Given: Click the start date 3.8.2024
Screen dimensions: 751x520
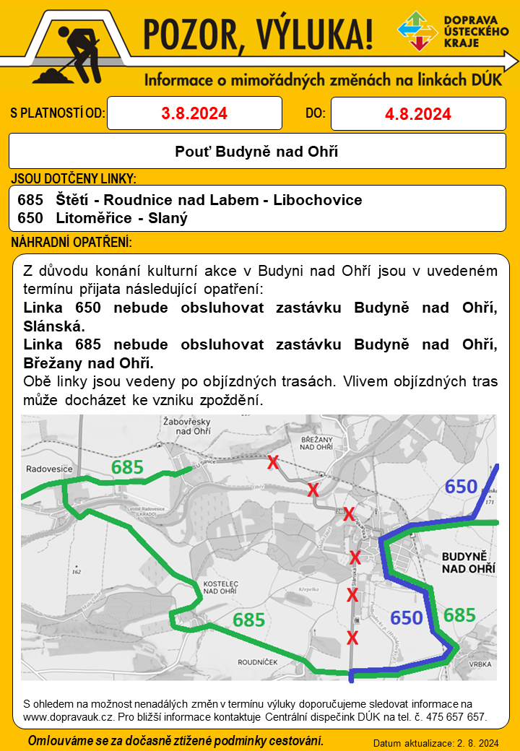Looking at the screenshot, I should [194, 113].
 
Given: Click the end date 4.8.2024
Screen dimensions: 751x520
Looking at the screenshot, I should [418, 114].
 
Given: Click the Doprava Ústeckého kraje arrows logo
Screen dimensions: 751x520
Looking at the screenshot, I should [417, 32].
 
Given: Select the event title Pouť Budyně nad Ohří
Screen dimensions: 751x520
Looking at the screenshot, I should [256, 152].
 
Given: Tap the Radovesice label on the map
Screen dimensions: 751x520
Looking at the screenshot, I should [49, 469].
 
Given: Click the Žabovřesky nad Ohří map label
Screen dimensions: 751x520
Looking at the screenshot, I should [188, 426].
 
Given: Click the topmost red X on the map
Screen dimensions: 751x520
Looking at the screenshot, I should [273, 463].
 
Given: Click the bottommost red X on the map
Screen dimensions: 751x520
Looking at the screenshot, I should [352, 638].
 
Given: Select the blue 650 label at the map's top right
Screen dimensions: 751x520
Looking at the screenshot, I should [461, 487].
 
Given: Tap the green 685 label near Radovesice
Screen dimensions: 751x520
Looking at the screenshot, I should [127, 467].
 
